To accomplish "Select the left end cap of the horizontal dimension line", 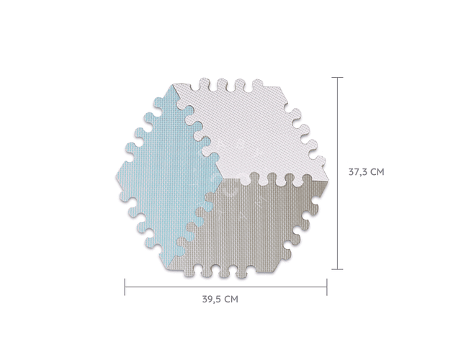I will (x=125, y=287).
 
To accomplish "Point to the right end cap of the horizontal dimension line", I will (x=326, y=287).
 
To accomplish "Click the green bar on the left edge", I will (x=24, y=180).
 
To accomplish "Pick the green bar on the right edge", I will (x=436, y=180).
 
